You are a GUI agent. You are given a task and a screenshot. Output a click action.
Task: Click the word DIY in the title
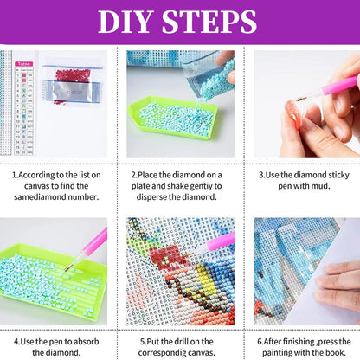click(x=125, y=22)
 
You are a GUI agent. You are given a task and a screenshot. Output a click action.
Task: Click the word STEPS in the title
click(x=209, y=22)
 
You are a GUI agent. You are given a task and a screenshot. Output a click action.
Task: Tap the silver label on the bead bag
click(x=70, y=92)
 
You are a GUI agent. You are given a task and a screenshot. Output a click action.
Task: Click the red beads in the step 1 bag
click(x=73, y=75)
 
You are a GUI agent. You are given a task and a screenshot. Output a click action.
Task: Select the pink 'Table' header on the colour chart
click(x=24, y=64)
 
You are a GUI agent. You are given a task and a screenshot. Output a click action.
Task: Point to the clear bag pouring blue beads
click(x=208, y=75)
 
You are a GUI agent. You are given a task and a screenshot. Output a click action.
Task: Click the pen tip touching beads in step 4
click(x=66, y=270)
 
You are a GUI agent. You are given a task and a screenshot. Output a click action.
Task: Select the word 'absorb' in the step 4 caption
click(x=87, y=342)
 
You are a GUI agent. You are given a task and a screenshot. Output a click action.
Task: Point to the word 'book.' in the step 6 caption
click(x=336, y=352)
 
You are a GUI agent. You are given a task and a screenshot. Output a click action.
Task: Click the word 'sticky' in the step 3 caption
click(x=338, y=175)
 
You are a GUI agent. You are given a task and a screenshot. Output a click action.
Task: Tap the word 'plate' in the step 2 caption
click(x=141, y=186)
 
